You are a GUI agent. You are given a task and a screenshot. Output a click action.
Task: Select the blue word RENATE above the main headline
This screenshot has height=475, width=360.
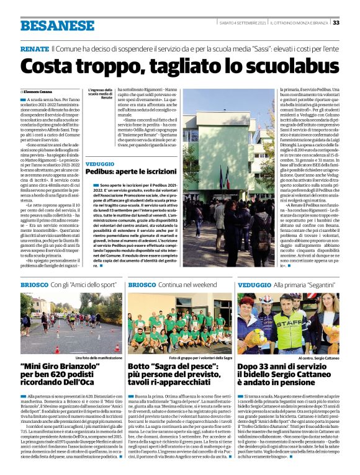(x=34, y=48)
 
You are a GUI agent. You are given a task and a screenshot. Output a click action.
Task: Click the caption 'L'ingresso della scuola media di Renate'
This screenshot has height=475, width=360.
(x=100, y=94)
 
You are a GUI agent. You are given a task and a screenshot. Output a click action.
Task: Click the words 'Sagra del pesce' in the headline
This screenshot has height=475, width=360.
(x=178, y=367)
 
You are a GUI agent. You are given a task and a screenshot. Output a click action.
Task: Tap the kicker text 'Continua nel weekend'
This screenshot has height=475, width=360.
(x=187, y=285)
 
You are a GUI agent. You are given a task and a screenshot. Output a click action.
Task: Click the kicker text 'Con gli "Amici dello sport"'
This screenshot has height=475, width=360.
(x=78, y=285)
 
